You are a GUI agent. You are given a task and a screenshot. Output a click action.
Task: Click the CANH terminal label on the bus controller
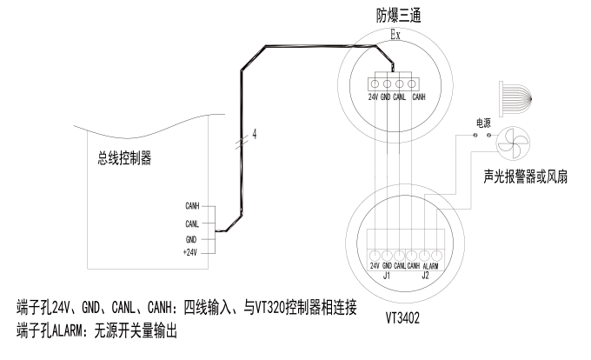coord(193,206)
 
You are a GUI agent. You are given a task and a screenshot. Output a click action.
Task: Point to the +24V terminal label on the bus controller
coord(192,252)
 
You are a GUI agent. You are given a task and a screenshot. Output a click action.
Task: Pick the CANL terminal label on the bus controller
coord(193,223)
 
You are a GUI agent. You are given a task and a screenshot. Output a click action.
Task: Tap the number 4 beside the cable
coord(254,134)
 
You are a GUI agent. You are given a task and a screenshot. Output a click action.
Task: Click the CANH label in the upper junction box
coord(419,97)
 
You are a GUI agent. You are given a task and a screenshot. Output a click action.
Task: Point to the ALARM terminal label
coord(428,264)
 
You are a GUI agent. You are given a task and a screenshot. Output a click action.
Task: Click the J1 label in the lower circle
coord(388,276)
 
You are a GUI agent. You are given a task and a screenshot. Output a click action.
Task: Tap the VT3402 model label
coord(402,319)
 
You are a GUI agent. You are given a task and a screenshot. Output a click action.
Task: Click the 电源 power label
coord(483,123)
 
